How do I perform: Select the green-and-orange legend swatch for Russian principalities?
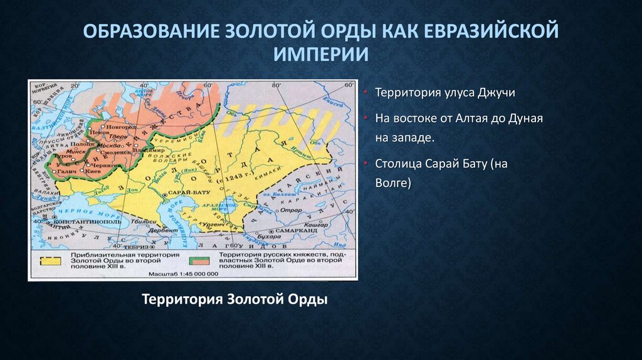(199, 260)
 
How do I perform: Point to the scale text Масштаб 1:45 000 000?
(184, 274)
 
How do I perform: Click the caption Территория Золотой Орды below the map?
(235, 299)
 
